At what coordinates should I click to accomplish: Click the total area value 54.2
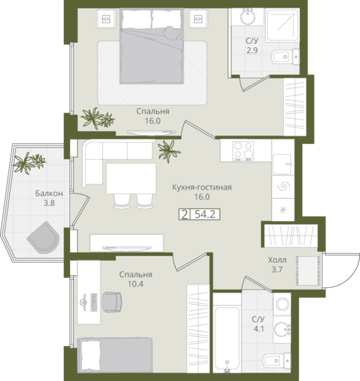tap(205, 215)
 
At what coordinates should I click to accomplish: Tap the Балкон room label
tap(49, 194)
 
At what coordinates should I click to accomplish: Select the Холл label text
tap(277, 260)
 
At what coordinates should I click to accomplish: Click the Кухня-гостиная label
tap(202, 187)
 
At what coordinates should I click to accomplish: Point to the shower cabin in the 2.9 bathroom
tap(282, 26)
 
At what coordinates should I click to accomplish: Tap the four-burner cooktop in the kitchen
tap(244, 151)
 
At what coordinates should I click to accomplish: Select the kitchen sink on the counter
tap(282, 164)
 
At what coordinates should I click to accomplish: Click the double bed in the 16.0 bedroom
tap(151, 46)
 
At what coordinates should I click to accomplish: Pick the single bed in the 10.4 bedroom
tap(116, 355)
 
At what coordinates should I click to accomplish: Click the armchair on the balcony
tap(43, 238)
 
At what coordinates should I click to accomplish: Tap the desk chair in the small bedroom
tap(112, 302)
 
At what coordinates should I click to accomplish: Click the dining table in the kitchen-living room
tap(131, 178)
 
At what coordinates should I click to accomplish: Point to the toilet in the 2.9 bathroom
tap(285, 57)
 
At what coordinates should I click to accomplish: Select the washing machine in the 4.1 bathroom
tap(282, 303)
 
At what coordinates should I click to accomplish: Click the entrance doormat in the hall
tap(308, 271)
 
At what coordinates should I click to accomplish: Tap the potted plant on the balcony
tap(29, 162)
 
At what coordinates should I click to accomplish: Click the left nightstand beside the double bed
tap(106, 19)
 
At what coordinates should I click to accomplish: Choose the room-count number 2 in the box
tap(184, 215)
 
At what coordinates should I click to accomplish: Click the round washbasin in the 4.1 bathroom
tap(282, 329)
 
